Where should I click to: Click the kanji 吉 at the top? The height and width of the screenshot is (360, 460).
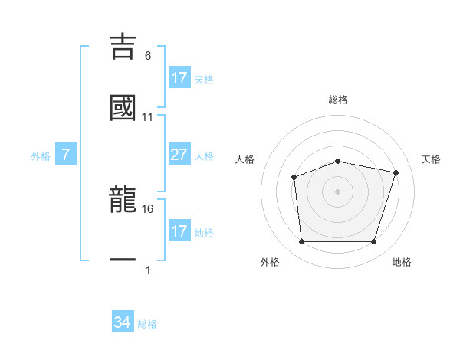tap(123, 45)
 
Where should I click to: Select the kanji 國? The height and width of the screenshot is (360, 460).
tap(123, 107)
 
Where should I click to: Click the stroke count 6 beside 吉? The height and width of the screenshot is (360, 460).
tap(148, 56)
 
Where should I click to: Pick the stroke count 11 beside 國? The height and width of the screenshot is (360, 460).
tap(148, 117)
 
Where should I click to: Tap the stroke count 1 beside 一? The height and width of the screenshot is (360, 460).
tap(148, 270)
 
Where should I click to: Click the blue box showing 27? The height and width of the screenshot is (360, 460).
tap(179, 155)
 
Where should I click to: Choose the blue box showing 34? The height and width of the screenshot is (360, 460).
tap(123, 322)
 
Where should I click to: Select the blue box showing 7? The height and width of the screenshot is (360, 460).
tap(66, 155)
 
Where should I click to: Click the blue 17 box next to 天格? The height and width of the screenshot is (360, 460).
tap(179, 78)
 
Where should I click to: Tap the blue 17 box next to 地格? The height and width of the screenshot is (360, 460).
tap(179, 231)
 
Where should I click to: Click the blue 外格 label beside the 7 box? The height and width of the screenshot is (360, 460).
tap(41, 156)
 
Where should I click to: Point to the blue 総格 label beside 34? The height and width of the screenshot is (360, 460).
tap(147, 324)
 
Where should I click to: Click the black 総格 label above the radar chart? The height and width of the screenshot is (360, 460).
tap(338, 100)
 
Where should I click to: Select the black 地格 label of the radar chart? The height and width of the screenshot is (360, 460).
tap(402, 262)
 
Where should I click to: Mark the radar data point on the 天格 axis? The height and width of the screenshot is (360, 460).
tap(396, 172)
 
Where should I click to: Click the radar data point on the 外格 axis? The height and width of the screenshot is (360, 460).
tap(302, 242)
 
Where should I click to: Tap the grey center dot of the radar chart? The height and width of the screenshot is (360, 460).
tap(337, 191)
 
